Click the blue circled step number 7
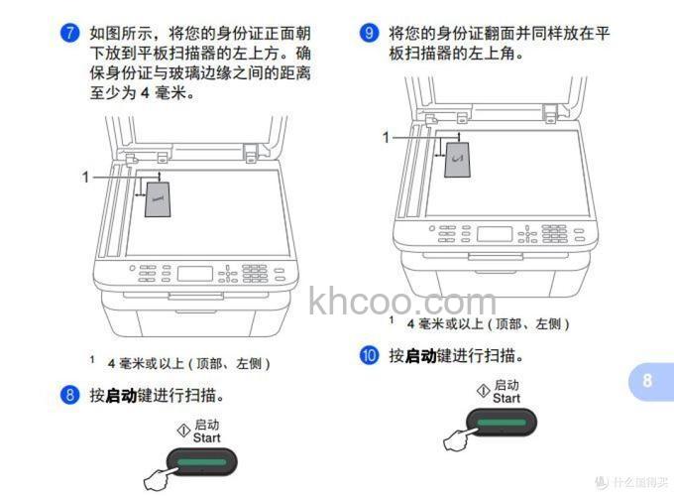[x=68, y=33]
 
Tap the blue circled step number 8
[x=68, y=395]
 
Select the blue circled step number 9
[x=369, y=33]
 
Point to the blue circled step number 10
[x=369, y=355]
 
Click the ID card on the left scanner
[x=158, y=197]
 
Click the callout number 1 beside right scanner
[x=387, y=137]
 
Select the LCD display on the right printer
[x=495, y=234]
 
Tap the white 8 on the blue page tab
[x=647, y=380]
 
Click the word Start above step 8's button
[x=206, y=437]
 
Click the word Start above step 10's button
[x=505, y=398]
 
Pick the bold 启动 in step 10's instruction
[x=419, y=355]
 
